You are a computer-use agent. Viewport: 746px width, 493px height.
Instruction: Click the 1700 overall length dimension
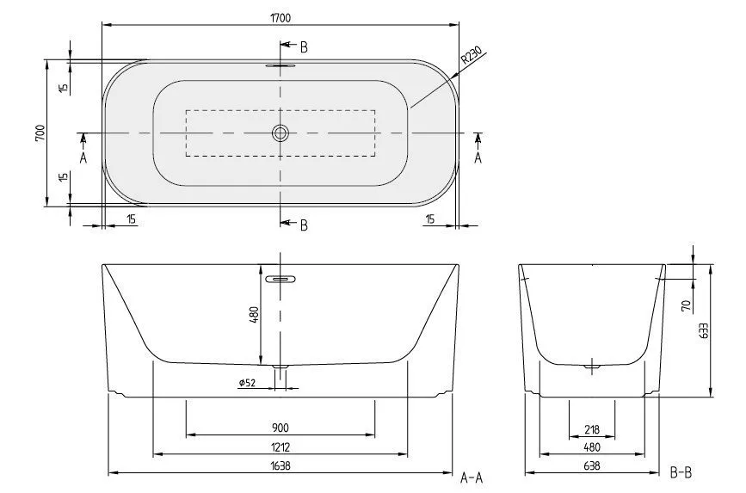(281, 15)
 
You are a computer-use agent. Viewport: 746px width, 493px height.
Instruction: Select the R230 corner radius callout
(471, 59)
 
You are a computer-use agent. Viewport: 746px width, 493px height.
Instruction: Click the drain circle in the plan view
(281, 133)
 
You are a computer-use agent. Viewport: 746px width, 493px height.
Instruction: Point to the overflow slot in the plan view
(281, 65)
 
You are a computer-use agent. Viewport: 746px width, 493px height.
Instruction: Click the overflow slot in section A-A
(281, 279)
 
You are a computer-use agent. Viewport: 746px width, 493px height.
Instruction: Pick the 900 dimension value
(281, 428)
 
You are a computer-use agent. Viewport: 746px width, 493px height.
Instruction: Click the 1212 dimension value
(281, 447)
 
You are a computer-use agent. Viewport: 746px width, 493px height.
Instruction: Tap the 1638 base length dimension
(281, 467)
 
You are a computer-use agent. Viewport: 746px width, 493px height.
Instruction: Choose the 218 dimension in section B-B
(591, 429)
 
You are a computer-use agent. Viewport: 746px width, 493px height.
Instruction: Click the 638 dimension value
(591, 467)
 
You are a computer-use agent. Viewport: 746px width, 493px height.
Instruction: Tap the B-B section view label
(681, 472)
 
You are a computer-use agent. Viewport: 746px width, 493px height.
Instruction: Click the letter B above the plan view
(304, 45)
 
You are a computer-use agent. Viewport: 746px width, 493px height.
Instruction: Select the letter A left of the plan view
(83, 158)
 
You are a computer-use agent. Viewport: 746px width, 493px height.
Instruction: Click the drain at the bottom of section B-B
(591, 367)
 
